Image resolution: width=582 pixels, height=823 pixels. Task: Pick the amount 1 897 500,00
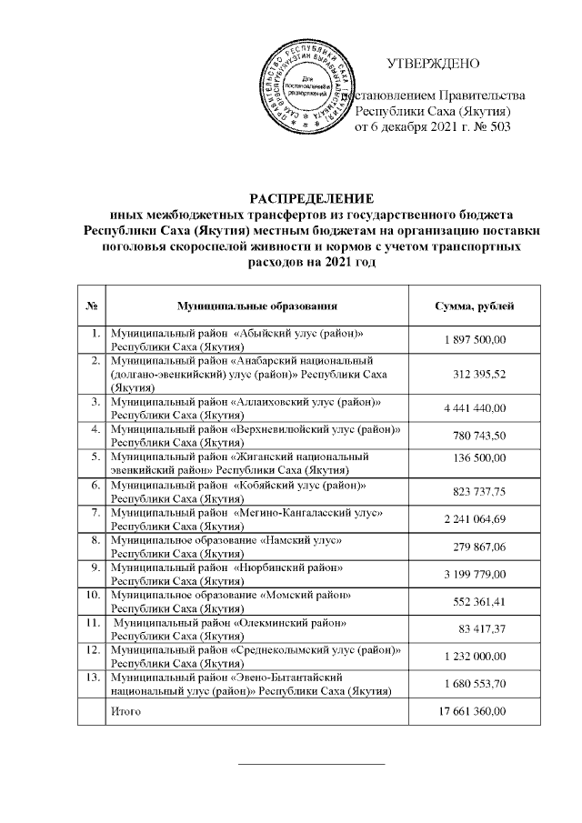pos(475,340)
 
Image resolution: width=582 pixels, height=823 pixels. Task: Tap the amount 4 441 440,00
pos(475,407)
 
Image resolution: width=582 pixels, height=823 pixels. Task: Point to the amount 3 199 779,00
pos(475,576)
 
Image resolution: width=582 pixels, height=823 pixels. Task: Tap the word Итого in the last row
pos(125,712)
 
